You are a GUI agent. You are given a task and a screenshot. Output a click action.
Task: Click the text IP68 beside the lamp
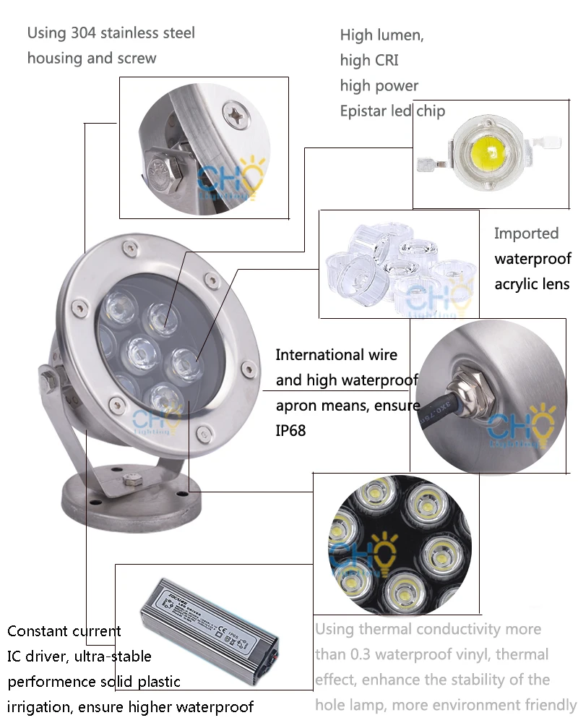point(290,431)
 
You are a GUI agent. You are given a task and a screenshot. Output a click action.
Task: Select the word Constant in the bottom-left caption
point(36,631)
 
